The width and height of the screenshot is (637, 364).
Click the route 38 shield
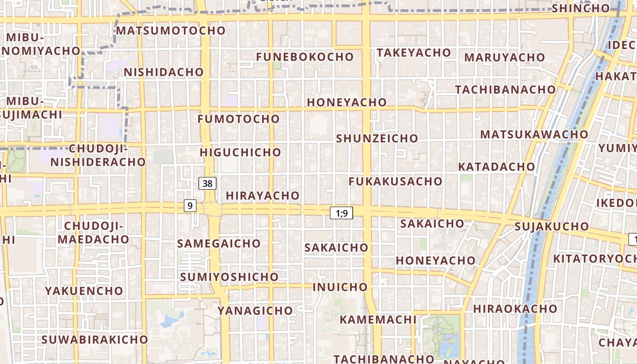coord(207,183)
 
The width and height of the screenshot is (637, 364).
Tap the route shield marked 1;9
coord(341,212)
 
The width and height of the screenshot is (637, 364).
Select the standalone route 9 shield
coord(190,206)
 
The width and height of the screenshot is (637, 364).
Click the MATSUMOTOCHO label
coord(171,30)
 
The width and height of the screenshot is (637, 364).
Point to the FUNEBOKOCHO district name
coord(304,57)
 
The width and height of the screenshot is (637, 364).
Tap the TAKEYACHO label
coord(414,53)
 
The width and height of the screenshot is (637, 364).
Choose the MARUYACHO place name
coord(504,57)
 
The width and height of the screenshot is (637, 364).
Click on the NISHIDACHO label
coord(164,72)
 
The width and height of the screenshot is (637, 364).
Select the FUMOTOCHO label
coord(238,119)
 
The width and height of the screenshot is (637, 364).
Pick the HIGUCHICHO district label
coord(240,152)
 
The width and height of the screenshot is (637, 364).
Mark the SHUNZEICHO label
coord(377,138)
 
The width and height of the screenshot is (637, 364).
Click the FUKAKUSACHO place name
coord(395,181)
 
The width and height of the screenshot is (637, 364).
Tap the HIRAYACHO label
coord(263,196)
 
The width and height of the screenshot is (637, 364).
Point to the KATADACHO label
coord(496,167)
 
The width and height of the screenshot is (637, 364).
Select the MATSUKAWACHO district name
coord(534,134)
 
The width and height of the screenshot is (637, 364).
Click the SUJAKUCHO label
coord(551,226)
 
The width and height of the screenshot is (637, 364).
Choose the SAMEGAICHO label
coord(218,243)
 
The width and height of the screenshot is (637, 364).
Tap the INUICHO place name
coord(340,287)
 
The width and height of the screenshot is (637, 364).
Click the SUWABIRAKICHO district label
coord(95,339)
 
